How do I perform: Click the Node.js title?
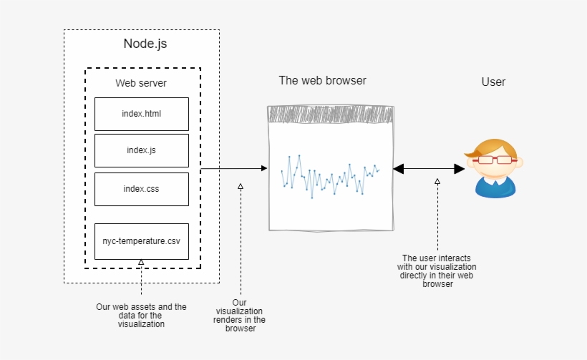click(x=145, y=44)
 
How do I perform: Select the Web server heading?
click(x=141, y=83)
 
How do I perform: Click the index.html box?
click(x=141, y=114)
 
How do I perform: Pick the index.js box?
click(x=141, y=150)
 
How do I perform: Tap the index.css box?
click(x=141, y=189)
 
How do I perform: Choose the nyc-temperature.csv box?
click(x=141, y=241)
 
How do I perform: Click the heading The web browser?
click(x=322, y=80)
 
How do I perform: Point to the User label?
click(x=493, y=82)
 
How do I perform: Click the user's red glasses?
click(x=494, y=159)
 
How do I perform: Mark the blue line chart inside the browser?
click(x=330, y=175)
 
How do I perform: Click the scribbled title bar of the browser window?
click(x=331, y=115)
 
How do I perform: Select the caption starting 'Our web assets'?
click(x=141, y=315)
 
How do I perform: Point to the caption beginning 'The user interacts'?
click(x=437, y=271)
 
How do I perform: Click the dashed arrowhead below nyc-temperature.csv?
click(x=141, y=263)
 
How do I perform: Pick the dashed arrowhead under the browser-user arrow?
click(x=437, y=182)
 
